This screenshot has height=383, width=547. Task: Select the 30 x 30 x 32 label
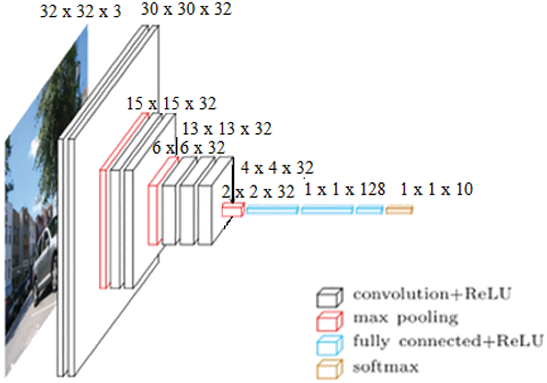186,10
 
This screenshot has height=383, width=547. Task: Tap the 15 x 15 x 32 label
172,103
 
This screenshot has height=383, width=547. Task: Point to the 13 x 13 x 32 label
227,129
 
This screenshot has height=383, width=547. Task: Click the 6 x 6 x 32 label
188,148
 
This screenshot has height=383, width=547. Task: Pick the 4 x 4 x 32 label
277,168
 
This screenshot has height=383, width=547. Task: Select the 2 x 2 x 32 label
258,192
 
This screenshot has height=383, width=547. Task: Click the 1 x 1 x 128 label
345,189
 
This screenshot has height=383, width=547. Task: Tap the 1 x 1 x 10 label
436,189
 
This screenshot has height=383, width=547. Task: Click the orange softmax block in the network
399,210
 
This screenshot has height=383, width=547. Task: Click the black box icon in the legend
329,297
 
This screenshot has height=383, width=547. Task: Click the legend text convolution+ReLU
431,294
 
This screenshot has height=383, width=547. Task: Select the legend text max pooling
405,318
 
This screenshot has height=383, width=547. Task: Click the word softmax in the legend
385,367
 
